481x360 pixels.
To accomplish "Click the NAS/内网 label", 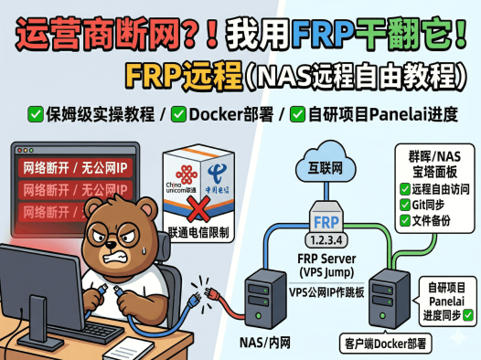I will click(x=264, y=343).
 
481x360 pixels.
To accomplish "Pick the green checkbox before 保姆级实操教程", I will click(x=36, y=114).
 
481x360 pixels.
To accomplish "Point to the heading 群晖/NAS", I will click(x=432, y=156).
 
